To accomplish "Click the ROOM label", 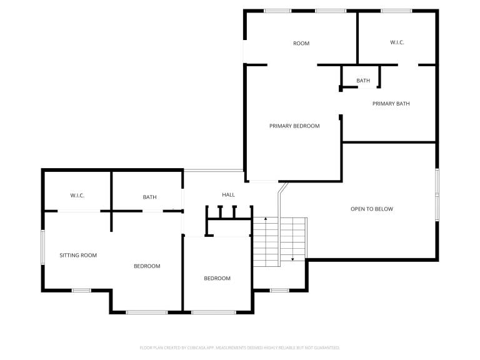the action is (x=301, y=44).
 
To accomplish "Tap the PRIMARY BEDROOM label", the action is (x=294, y=126).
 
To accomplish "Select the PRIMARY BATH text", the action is (x=391, y=104).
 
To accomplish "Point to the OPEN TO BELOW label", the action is (x=372, y=209).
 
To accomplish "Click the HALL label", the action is (x=228, y=195).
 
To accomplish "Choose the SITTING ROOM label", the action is (x=78, y=255).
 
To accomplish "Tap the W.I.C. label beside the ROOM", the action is (x=397, y=42).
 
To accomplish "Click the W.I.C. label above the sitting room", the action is (x=77, y=195).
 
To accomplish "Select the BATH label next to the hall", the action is (x=150, y=197).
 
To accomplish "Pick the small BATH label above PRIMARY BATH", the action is (x=363, y=81).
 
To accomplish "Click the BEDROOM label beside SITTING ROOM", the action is (x=147, y=266).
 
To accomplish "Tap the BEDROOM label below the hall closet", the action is (x=217, y=278).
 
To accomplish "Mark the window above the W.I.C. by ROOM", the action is (x=396, y=11).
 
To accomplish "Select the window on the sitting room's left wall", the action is (x=43, y=247).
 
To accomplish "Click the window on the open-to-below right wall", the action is (x=437, y=194).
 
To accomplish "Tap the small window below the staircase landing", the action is (x=279, y=290).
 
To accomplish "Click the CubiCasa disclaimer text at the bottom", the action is (x=240, y=347).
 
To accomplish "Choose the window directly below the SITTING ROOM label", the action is (x=81, y=290).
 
